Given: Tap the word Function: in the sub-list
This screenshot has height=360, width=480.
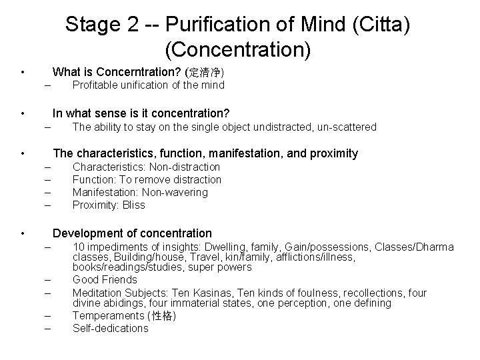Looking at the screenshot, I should (94, 179).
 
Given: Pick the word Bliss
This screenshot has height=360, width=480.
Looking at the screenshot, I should (133, 205).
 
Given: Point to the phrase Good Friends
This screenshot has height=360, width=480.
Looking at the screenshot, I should (105, 279).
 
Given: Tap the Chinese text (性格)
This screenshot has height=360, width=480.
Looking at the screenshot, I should (164, 315).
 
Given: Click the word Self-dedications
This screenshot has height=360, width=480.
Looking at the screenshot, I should (111, 328).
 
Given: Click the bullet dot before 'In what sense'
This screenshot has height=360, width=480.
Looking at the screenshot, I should (23, 113).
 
